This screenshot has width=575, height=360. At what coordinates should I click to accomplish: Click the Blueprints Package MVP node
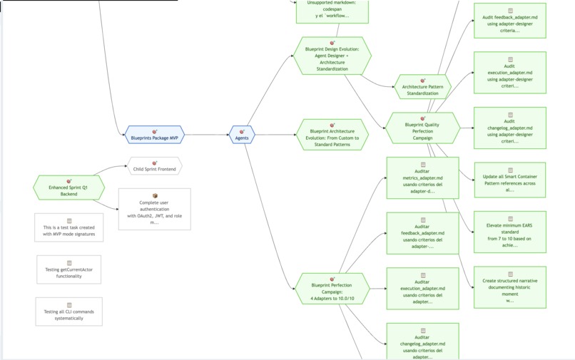pyautogui.click(x=155, y=135)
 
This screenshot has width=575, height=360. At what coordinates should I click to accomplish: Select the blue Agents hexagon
pyautogui.click(x=242, y=135)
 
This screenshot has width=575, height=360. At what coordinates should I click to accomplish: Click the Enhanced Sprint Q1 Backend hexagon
pyautogui.click(x=68, y=188)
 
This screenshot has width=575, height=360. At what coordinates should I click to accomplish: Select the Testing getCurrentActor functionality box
pyautogui.click(x=68, y=269)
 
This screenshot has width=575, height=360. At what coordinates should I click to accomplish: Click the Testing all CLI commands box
pyautogui.click(x=68, y=312)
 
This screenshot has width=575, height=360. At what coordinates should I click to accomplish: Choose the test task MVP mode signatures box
pyautogui.click(x=68, y=228)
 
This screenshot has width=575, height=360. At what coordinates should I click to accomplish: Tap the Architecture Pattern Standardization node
pyautogui.click(x=422, y=87)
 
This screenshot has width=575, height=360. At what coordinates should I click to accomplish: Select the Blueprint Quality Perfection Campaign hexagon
pyautogui.click(x=422, y=128)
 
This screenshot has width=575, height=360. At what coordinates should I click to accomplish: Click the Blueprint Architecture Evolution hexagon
pyautogui.click(x=332, y=135)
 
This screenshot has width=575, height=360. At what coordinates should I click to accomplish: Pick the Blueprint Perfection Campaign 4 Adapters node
pyautogui.click(x=332, y=289)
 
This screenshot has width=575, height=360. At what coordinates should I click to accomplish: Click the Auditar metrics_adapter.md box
pyautogui.click(x=422, y=178)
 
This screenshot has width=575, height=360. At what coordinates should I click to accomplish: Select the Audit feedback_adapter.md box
pyautogui.click(x=509, y=21)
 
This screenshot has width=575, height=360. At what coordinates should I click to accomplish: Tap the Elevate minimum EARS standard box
pyautogui.click(x=509, y=232)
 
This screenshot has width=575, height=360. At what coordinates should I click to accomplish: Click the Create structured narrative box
pyautogui.click(x=509, y=287)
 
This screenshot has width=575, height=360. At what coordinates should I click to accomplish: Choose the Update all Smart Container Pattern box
pyautogui.click(x=509, y=180)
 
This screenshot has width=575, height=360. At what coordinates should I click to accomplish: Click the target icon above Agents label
pyautogui.click(x=242, y=131)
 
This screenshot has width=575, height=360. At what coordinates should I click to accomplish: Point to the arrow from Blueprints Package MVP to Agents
pyautogui.click(x=207, y=135)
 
